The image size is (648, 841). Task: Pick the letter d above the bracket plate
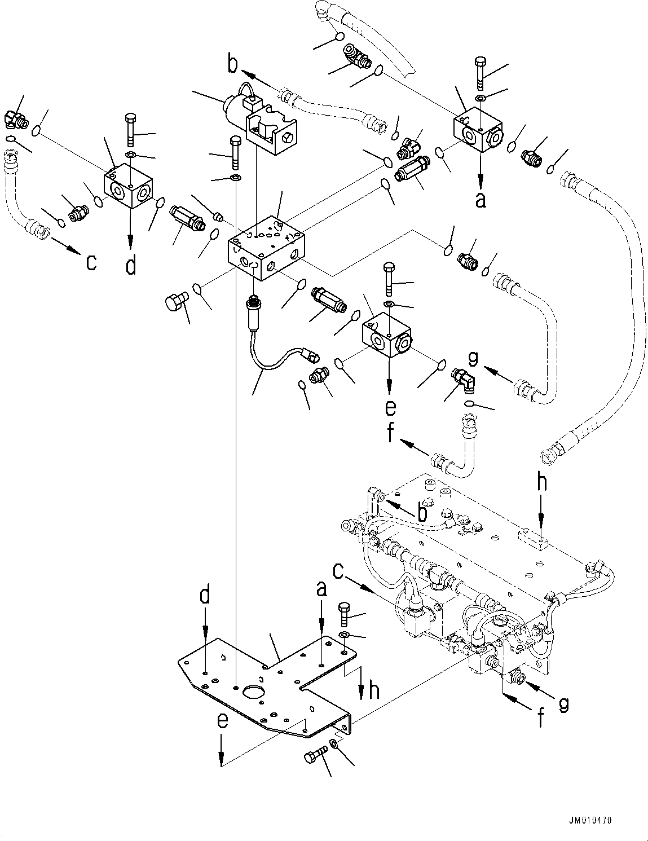pos(207,596)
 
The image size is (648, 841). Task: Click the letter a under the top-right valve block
pos(481,200)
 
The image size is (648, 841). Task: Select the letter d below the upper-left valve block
pos(131,265)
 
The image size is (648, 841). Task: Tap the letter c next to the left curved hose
pos(91,262)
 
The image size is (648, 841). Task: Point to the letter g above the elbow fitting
pos(473,359)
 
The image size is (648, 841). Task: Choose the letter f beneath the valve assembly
pos(541,717)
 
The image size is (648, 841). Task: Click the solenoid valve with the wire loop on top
pos(257,116)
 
